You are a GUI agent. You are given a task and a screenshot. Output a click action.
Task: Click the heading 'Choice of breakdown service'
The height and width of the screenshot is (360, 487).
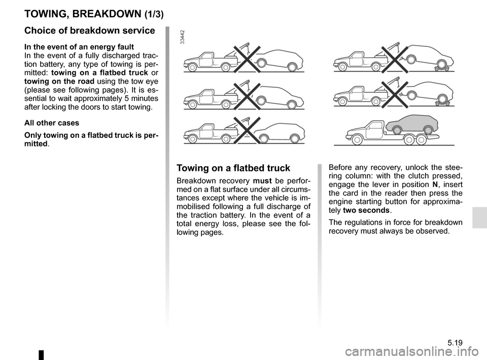(90, 30)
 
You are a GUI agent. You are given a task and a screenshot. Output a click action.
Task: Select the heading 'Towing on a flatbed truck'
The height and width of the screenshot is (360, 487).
(233, 168)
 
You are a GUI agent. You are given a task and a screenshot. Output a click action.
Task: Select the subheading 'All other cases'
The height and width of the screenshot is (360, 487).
(50, 123)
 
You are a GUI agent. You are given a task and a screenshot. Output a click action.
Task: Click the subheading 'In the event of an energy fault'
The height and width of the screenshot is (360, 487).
(79, 47)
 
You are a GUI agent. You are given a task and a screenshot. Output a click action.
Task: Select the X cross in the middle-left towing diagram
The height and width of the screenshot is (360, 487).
(243, 97)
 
